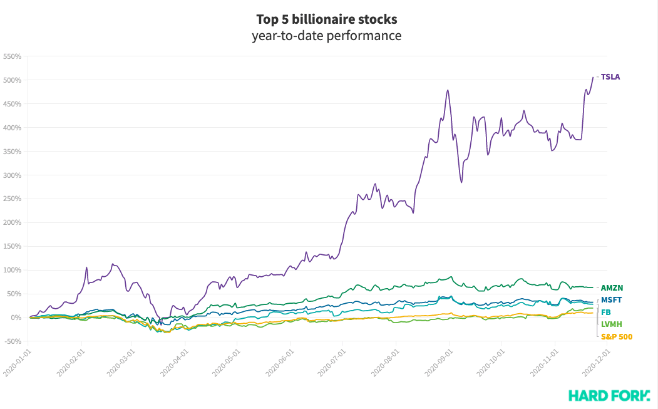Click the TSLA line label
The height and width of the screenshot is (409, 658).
(x=610, y=77)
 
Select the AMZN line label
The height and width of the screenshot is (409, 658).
(x=612, y=288)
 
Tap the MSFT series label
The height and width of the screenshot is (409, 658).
(x=611, y=300)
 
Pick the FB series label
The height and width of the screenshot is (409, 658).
(x=606, y=312)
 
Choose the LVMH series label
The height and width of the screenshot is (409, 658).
(x=610, y=324)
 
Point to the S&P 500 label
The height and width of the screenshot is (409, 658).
(x=617, y=336)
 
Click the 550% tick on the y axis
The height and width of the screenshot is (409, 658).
(x=13, y=56)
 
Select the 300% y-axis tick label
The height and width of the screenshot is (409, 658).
(x=13, y=175)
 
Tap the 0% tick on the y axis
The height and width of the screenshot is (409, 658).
(x=16, y=318)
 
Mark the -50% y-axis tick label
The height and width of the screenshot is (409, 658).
(x=13, y=341)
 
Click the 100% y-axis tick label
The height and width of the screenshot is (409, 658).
(x=13, y=270)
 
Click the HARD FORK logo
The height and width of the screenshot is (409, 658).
(x=609, y=395)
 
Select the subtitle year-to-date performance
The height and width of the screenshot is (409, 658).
(x=326, y=36)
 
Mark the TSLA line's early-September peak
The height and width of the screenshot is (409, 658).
(x=448, y=90)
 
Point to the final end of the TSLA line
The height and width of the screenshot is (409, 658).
(x=593, y=77)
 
